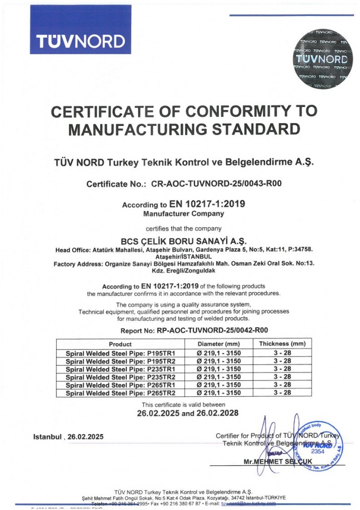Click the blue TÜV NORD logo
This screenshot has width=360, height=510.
pyautogui.click(x=80, y=41)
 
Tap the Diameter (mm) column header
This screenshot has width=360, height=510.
pyautogui.click(x=219, y=344)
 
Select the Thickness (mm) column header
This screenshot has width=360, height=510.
pyautogui.click(x=282, y=344)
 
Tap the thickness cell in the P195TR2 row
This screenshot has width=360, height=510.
pyautogui.click(x=282, y=360)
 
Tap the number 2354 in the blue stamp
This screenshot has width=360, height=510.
pyautogui.click(x=318, y=450)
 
